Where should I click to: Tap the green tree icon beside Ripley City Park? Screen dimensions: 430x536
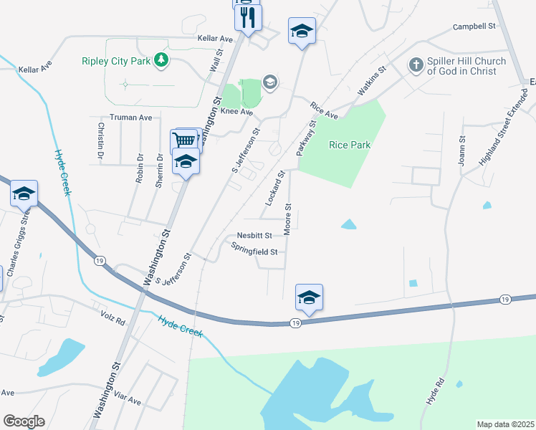[162, 61]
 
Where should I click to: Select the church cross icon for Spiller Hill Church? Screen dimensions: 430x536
[416, 65]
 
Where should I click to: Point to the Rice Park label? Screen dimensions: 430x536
[350, 145]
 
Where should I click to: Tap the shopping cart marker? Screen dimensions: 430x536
[184, 140]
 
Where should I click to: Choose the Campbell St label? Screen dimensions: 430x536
[474, 27]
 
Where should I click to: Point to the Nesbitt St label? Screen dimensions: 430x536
[254, 235]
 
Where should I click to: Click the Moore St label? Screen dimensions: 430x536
[288, 219]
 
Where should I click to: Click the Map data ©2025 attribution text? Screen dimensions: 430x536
[505, 424]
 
